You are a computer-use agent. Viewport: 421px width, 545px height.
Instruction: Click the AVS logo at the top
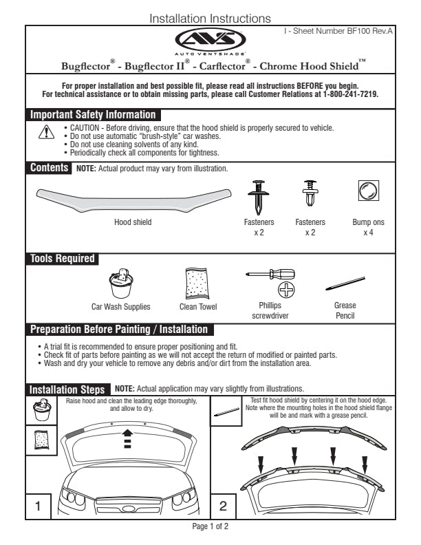tap(210, 40)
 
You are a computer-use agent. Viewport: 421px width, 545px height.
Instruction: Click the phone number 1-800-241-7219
tap(351, 94)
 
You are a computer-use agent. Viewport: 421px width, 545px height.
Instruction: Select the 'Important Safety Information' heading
tap(93, 114)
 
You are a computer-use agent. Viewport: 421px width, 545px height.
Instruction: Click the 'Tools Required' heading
tap(62, 259)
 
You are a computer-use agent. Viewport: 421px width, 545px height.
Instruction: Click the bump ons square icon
tap(369, 191)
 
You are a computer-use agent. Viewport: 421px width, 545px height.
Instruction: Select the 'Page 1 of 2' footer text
tap(210, 526)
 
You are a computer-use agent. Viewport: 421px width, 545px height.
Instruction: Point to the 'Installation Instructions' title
tap(210, 19)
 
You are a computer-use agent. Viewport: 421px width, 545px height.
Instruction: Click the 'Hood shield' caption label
tap(133, 222)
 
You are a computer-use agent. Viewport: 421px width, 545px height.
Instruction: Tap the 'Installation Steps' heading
tap(67, 389)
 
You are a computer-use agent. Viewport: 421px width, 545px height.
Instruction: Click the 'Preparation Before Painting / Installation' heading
tap(118, 329)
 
